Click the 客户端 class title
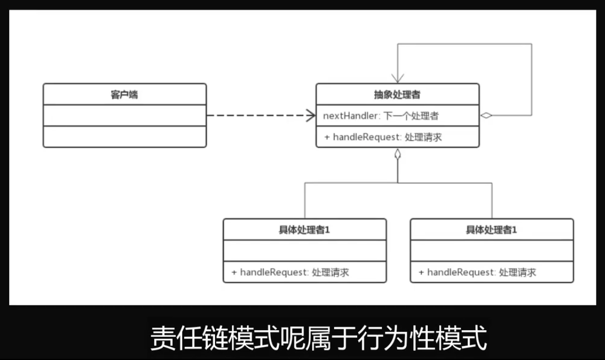(124, 94)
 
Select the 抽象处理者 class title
(397, 94)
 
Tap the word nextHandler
(350, 116)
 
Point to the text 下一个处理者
(411, 116)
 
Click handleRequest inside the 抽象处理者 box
(366, 137)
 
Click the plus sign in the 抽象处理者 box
(327, 137)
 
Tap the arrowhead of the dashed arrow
(311, 116)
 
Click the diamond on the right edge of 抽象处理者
(486, 116)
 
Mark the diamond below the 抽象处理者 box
(397, 153)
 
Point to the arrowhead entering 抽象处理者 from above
(398, 78)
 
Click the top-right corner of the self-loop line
(532, 44)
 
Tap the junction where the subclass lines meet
(397, 183)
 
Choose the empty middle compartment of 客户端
(124, 115)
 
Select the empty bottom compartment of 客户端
(124, 137)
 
